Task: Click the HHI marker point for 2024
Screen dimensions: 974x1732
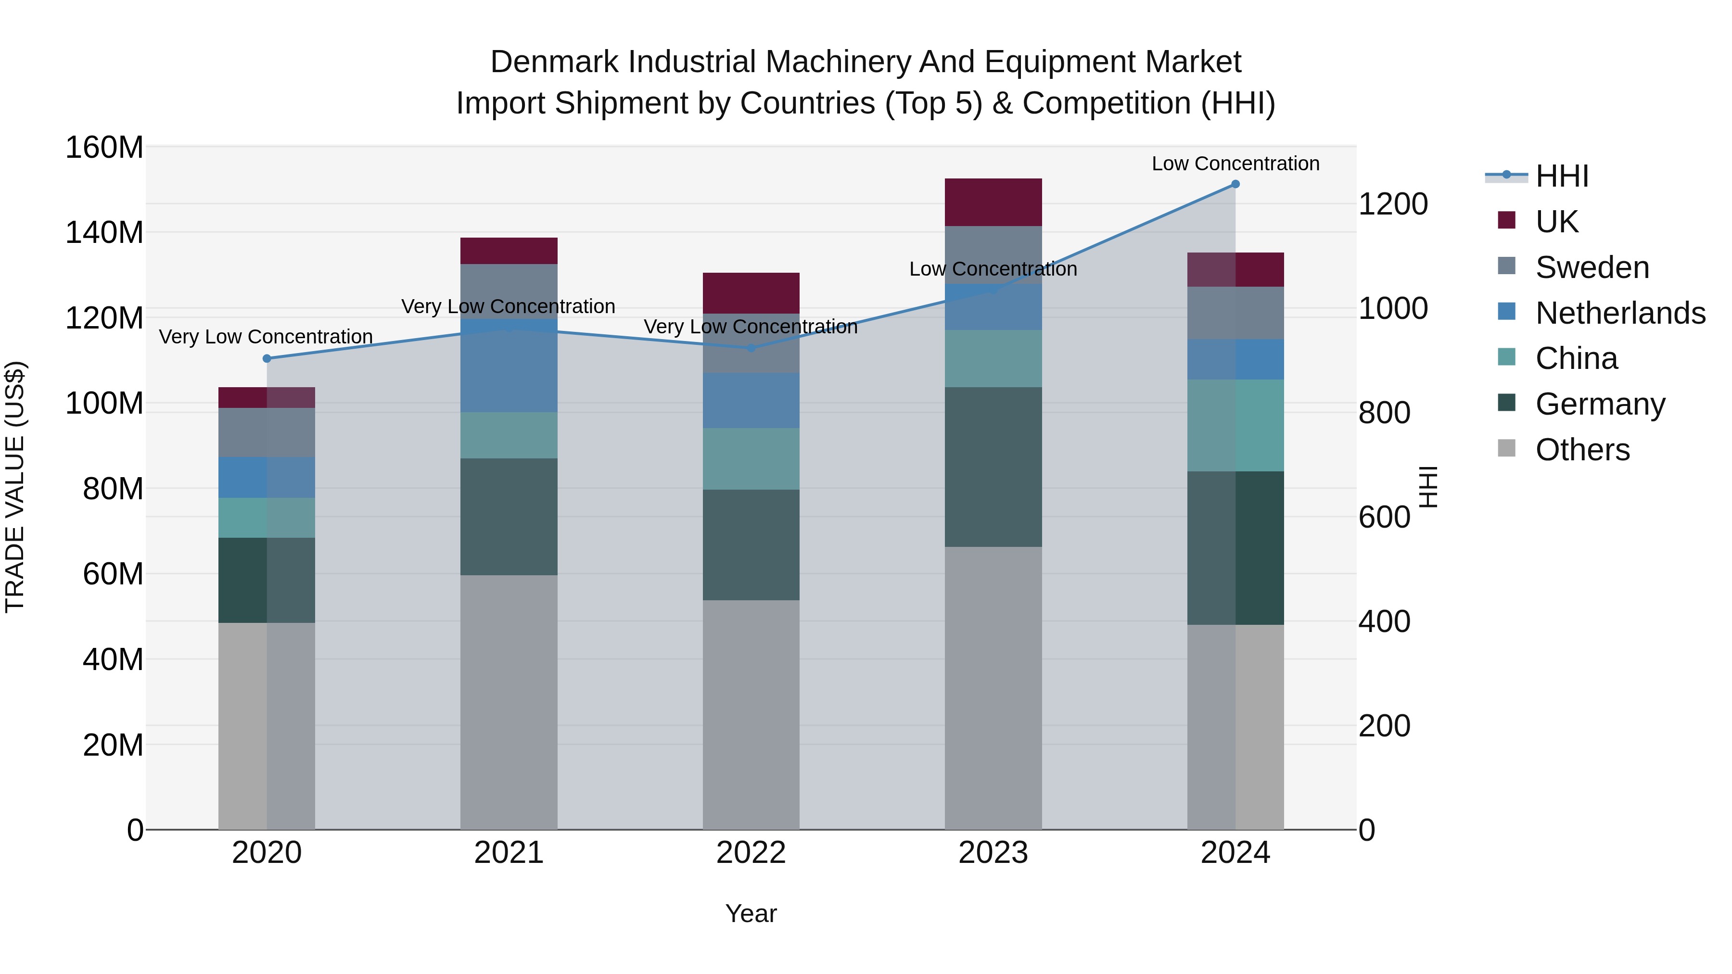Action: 1235,184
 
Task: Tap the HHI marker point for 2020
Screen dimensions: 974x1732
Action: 267,358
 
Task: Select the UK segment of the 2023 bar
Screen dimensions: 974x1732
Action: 993,202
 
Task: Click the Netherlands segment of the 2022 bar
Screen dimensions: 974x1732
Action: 751,401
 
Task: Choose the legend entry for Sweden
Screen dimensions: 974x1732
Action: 1592,267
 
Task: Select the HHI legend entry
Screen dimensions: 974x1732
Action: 1561,176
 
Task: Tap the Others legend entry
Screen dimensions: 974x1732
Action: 1582,450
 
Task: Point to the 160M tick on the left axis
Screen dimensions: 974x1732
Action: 104,147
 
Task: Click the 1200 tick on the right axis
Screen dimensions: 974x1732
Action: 1392,204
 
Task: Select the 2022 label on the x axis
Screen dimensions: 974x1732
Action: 751,853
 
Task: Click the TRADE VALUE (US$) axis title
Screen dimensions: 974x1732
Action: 15,487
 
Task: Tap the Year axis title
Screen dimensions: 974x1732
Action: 751,913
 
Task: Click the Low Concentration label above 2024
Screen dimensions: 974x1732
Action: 1235,164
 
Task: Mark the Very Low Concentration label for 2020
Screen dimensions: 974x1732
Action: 266,337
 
